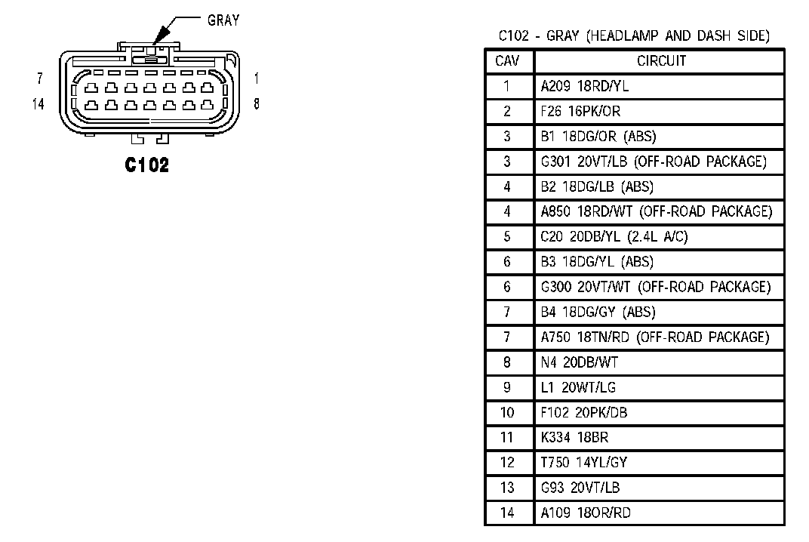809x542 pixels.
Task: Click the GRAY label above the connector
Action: [x=223, y=20]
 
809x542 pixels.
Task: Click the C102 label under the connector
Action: [x=148, y=165]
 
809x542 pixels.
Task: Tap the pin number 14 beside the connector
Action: [x=38, y=104]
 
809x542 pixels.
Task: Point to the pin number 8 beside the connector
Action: [x=257, y=104]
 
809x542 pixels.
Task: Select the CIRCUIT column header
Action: [x=661, y=61]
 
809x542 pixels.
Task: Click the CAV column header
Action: [x=507, y=61]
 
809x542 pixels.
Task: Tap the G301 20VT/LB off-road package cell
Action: [x=653, y=162]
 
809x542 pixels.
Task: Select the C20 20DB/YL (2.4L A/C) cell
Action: [x=614, y=237]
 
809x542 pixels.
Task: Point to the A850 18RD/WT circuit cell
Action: [x=656, y=212]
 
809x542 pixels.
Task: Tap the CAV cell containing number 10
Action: [x=507, y=413]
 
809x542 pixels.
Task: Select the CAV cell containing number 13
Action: [x=507, y=488]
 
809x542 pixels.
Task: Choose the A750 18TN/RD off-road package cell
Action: [x=654, y=337]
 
